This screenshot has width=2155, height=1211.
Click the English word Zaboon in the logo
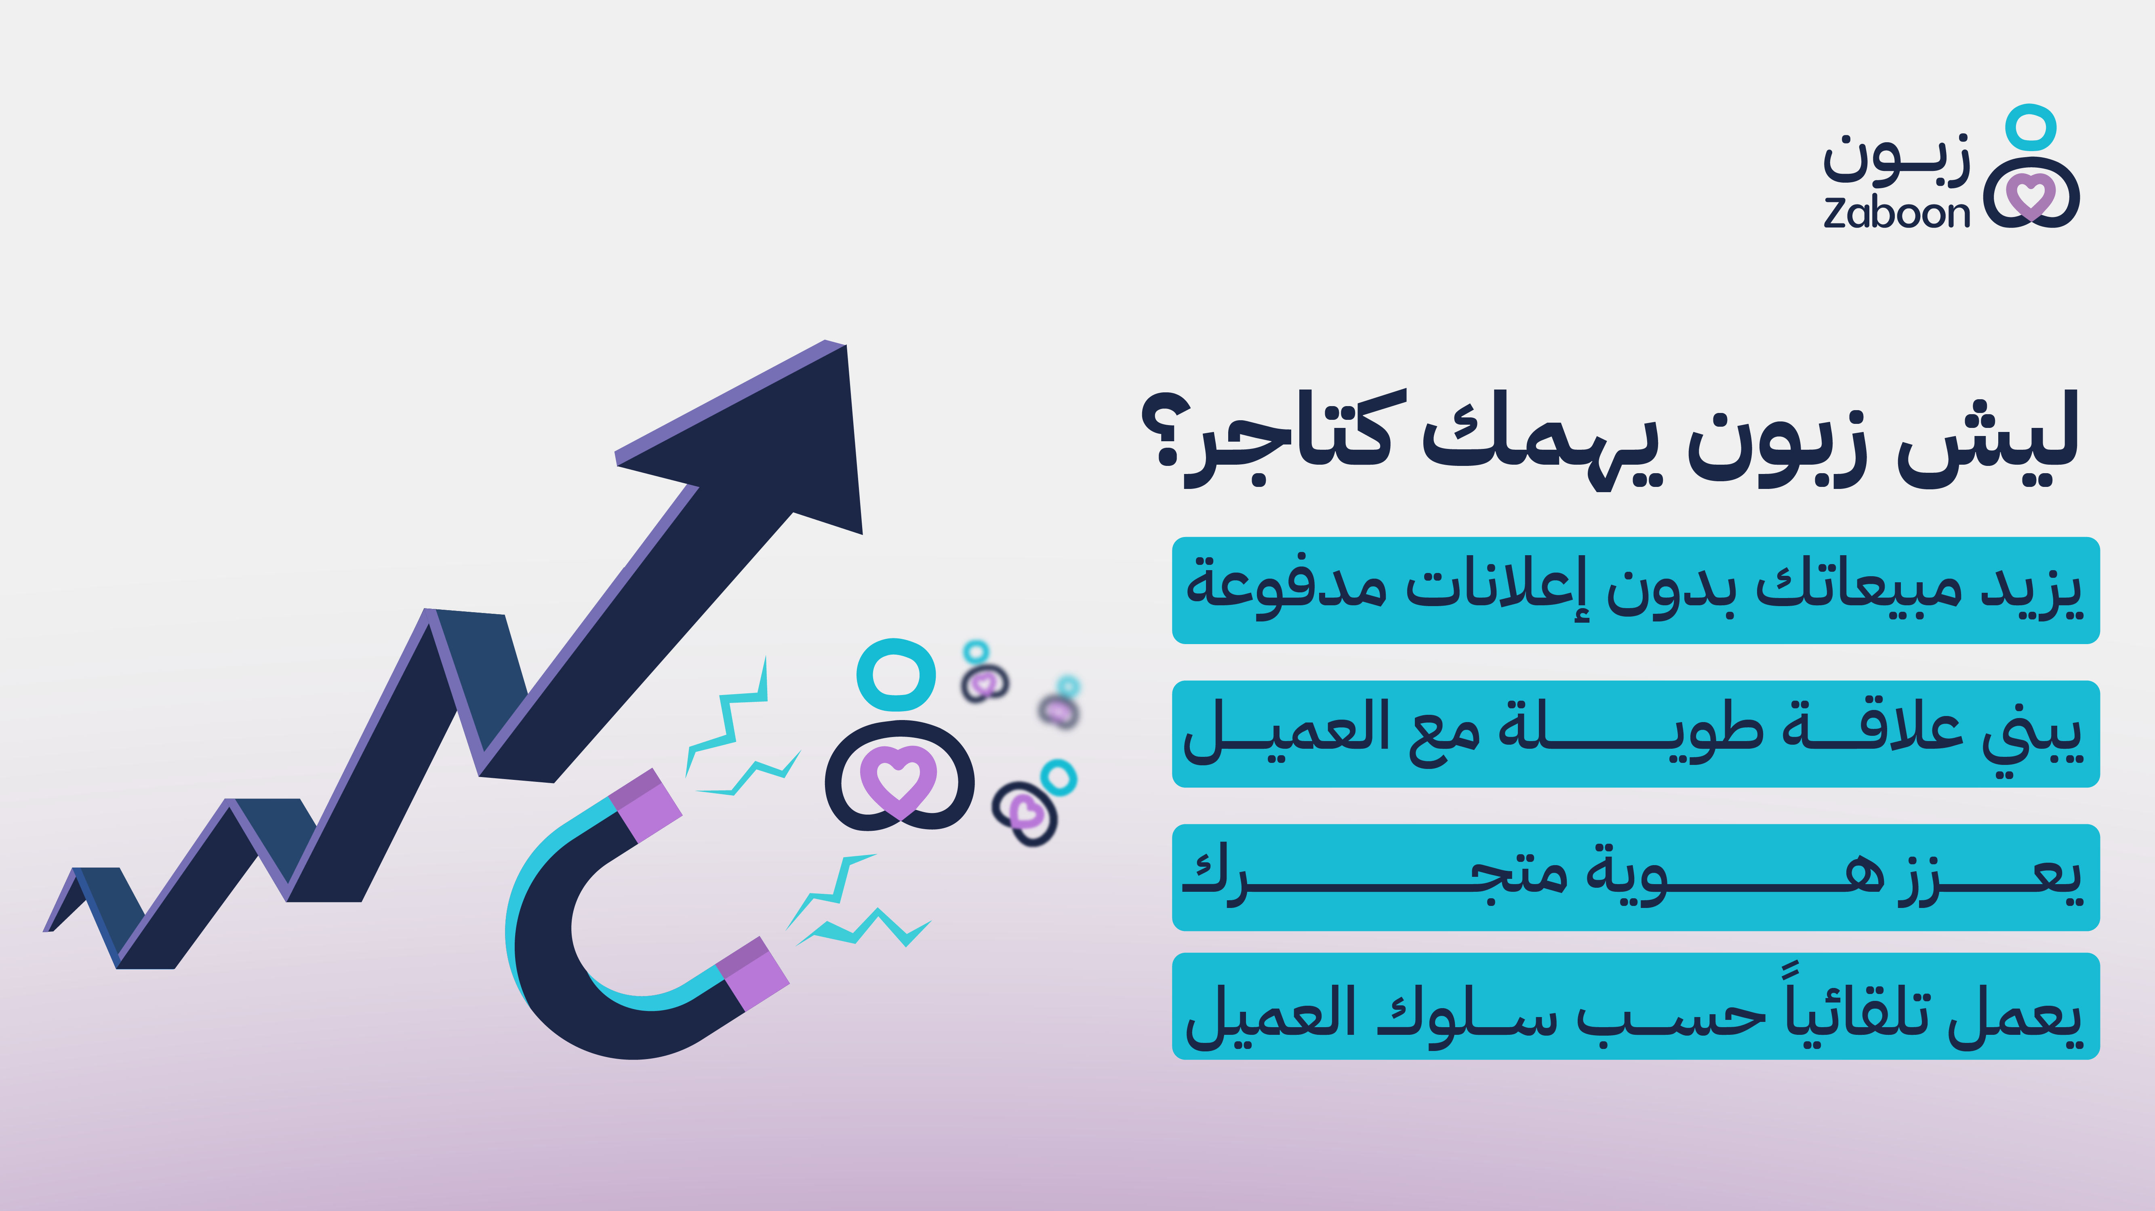(x=1896, y=213)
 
